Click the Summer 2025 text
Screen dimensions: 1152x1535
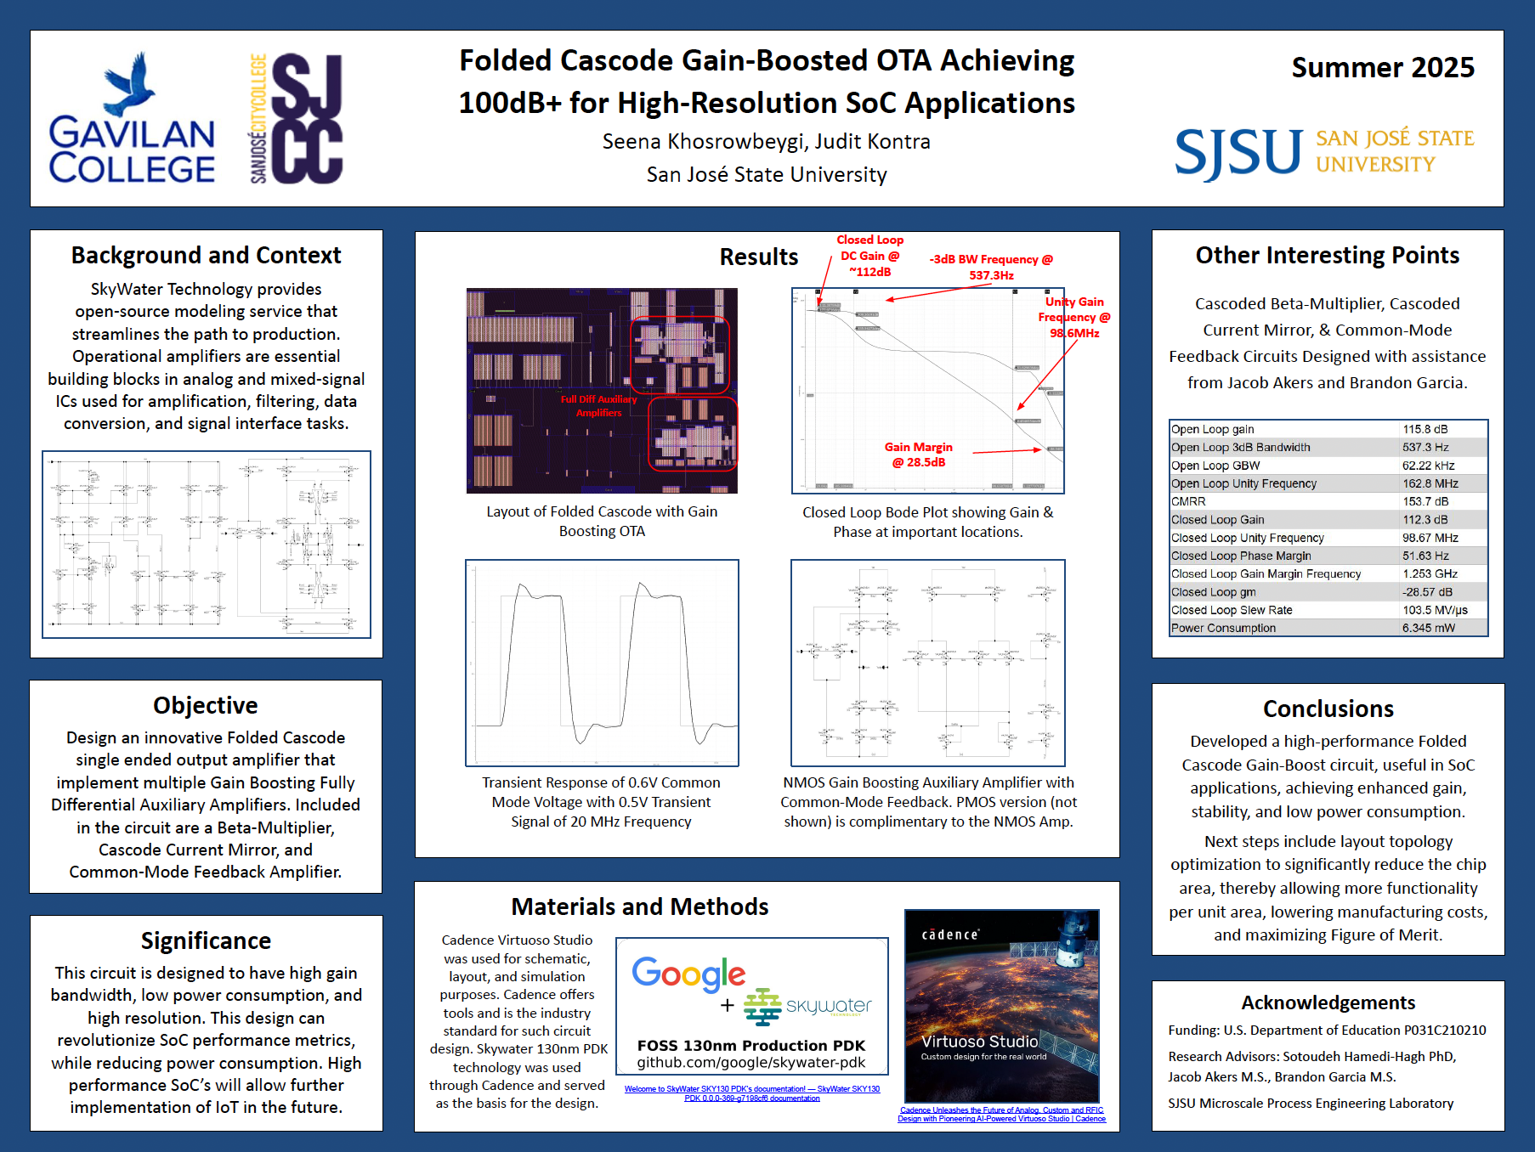click(1382, 68)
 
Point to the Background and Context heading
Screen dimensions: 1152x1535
click(206, 256)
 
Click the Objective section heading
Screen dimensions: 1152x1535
click(206, 706)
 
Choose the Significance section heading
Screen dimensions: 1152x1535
click(206, 941)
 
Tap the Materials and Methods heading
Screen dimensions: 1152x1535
click(639, 907)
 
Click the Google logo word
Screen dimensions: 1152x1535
click(688, 974)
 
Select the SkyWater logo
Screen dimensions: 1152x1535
click(807, 1007)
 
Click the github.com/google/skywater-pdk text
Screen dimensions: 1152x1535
click(751, 1063)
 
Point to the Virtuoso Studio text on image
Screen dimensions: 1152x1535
click(979, 1042)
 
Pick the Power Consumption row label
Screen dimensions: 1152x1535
click(1223, 629)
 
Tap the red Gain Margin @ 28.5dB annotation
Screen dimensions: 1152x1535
click(918, 455)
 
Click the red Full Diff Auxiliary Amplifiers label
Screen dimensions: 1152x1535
click(598, 406)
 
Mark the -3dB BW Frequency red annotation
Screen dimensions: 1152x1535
click(991, 267)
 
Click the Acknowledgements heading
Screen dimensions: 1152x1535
click(1328, 1003)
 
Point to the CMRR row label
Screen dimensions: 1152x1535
click(1188, 502)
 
